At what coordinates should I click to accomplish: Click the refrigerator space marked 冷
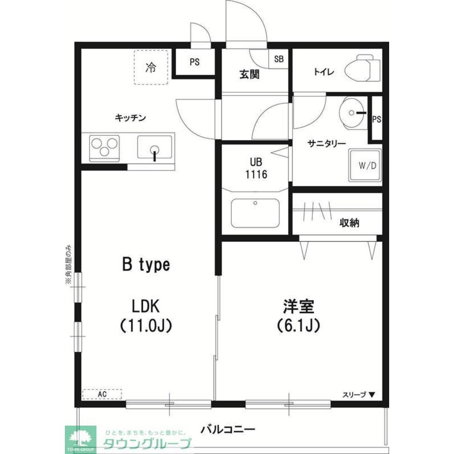tap(151, 68)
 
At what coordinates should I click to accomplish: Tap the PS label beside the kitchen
tap(195, 63)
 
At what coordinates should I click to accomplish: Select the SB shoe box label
tap(279, 59)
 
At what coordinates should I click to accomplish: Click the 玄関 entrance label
tap(249, 74)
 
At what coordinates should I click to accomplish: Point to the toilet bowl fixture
tap(361, 69)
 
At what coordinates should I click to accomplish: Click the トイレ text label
tap(324, 72)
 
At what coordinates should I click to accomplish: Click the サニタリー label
tap(327, 143)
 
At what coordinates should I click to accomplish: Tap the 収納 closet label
tap(349, 222)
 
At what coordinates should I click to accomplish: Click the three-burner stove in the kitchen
tap(105, 148)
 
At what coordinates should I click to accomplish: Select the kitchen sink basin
tap(155, 147)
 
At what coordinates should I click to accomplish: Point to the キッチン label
tap(130, 118)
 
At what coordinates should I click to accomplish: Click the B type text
tap(145, 265)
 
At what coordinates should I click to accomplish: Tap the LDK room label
tap(145, 306)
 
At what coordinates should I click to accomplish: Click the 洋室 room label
tap(299, 306)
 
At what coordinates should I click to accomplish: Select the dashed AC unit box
tap(102, 394)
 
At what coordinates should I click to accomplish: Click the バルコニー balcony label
tap(228, 429)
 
